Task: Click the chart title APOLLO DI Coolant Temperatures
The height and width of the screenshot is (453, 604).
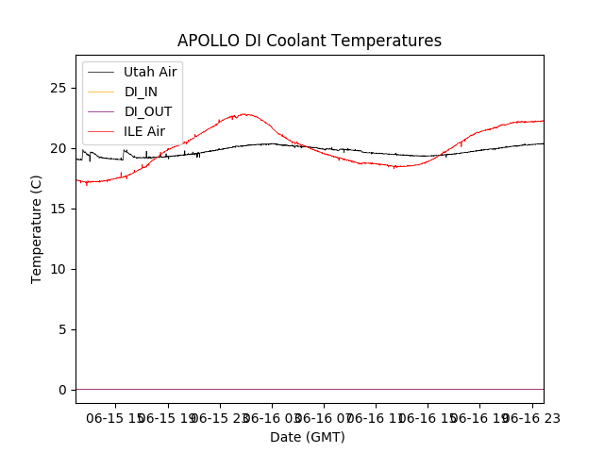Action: [x=310, y=41]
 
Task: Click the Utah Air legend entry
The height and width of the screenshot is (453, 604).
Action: [x=150, y=72]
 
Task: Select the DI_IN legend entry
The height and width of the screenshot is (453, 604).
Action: [x=141, y=92]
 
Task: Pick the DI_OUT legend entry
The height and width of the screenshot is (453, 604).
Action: [x=147, y=111]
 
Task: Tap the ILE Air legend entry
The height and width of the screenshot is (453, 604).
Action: [x=144, y=131]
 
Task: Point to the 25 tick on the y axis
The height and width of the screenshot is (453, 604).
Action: [x=61, y=88]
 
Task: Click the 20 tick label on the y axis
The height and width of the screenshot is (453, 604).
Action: [x=61, y=148]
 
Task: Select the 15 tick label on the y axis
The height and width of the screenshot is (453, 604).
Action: [x=61, y=209]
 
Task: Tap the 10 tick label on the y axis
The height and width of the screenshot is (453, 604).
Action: [x=61, y=269]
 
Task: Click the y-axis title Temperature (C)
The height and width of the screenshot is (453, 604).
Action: [x=37, y=228]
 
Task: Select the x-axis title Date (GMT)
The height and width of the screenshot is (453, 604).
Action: [x=308, y=437]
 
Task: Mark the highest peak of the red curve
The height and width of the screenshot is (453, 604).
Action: [x=245, y=114]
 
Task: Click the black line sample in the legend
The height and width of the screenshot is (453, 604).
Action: [x=101, y=72]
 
